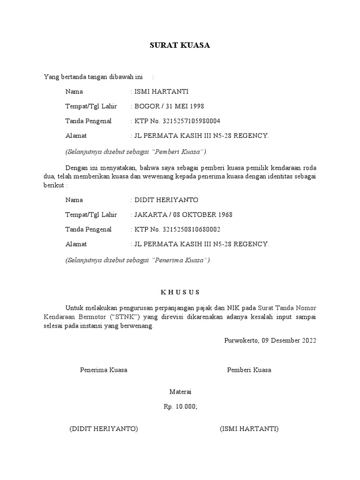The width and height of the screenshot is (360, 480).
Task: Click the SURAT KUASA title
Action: click(x=180, y=45)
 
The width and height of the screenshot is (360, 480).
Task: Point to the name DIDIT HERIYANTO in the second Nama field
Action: click(x=166, y=200)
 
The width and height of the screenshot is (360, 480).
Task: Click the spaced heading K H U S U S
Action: click(x=180, y=292)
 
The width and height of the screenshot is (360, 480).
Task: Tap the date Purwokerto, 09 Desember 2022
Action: click(x=271, y=340)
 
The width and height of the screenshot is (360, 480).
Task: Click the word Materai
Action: click(x=180, y=392)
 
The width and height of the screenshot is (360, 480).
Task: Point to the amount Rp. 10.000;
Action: click(x=180, y=407)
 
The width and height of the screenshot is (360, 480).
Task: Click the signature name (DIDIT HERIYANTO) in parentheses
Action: click(x=103, y=429)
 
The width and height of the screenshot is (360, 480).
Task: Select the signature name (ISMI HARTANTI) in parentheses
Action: click(x=249, y=429)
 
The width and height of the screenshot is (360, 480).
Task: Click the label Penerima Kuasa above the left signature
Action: click(x=104, y=370)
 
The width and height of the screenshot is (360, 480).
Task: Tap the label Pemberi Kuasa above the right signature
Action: click(x=249, y=370)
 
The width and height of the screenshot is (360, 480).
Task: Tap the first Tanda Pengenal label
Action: click(x=89, y=121)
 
